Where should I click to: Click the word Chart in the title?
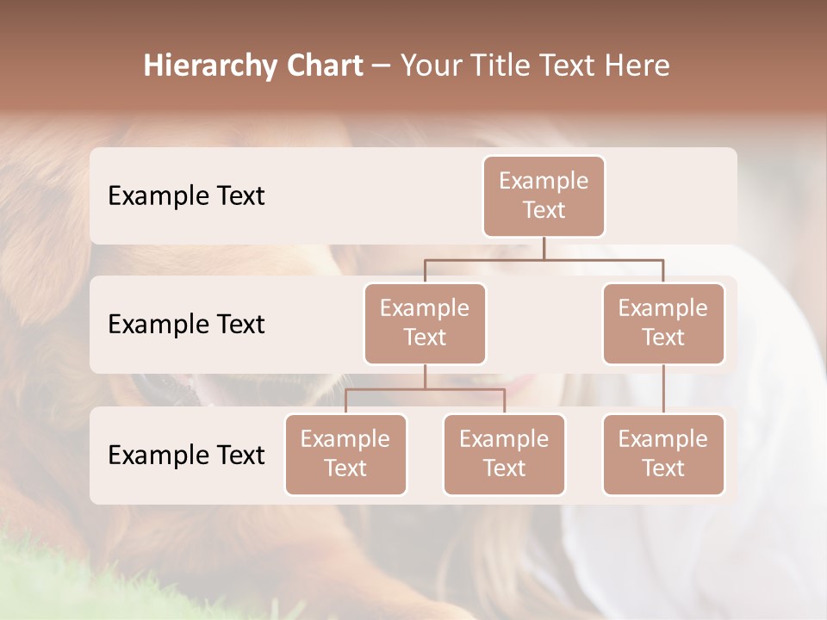pos(320,65)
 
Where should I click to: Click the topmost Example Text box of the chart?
pos(544,195)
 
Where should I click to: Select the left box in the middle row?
pos(425,323)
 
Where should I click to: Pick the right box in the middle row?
pos(663,323)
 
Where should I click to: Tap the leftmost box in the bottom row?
pos(345,454)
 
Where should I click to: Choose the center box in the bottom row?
pos(504,454)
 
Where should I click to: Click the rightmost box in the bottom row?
pos(663,454)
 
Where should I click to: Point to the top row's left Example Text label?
pos(186,196)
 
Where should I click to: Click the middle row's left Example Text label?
pos(186,325)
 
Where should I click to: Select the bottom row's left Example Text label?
pos(186,455)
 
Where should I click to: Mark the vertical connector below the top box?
pos(544,248)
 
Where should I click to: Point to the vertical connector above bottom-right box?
pos(663,388)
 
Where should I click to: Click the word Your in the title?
pos(431,65)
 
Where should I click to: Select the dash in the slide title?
pos(381,66)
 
